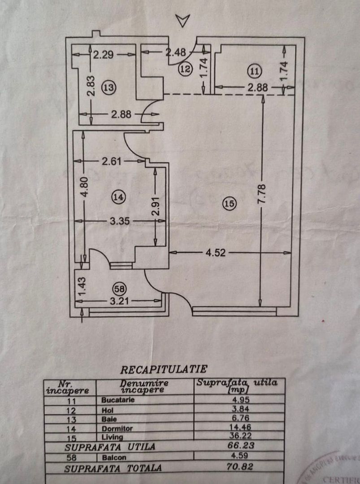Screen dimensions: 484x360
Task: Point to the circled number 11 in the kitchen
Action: coord(255,71)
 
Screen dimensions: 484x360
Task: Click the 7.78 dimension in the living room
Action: coord(262,194)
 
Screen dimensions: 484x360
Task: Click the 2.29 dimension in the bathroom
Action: coord(104,55)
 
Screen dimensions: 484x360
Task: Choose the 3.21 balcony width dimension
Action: coord(118,302)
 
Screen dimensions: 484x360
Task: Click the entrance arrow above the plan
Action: coord(183,20)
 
